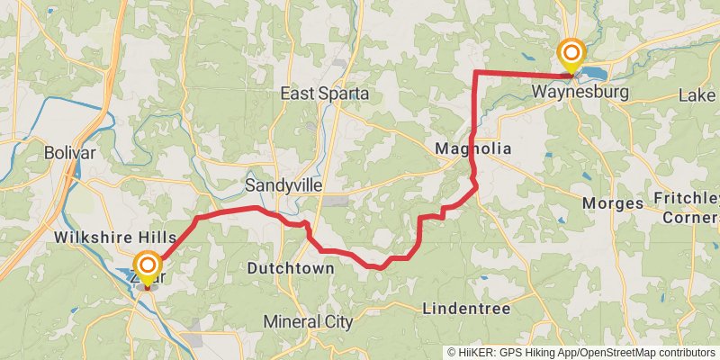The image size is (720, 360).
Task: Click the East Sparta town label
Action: [x=324, y=94]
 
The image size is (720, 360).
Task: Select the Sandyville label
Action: [x=283, y=185]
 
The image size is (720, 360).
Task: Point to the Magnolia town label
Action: [x=472, y=148]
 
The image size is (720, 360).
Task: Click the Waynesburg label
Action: [x=567, y=92]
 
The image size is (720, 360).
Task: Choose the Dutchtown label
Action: [x=291, y=268]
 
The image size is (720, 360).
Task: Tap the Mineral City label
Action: [x=309, y=321]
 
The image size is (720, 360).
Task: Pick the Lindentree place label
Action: [x=466, y=309]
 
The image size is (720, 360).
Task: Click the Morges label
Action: [x=613, y=202]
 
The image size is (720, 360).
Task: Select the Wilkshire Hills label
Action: [x=115, y=236]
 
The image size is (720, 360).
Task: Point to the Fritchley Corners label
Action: [x=688, y=207]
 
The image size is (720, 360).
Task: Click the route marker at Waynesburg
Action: [x=571, y=55]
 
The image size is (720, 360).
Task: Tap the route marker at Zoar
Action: [x=147, y=265]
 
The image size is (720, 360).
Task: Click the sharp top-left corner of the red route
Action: [x=475, y=71]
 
